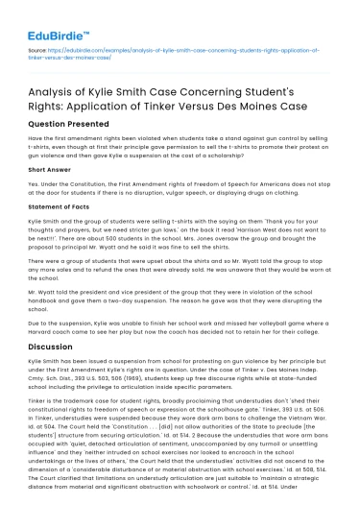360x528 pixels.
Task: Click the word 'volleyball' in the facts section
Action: [242, 321]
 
